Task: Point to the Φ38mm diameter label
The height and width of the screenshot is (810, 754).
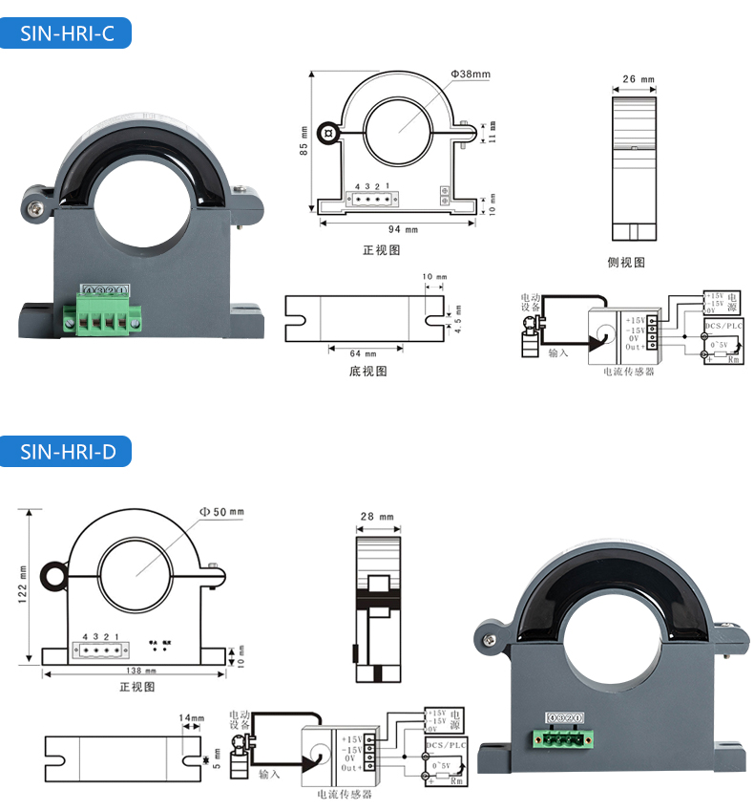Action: coord(471,75)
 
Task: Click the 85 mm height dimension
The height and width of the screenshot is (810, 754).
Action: coord(304,141)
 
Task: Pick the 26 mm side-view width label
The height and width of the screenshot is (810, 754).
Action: coord(638,79)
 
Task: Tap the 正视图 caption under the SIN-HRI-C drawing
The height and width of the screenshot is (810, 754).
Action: coord(381,250)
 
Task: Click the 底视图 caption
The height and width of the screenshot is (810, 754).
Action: coord(368,372)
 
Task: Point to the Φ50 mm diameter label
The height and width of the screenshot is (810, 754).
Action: coord(221,512)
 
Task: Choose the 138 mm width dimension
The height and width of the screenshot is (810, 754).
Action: coord(135,672)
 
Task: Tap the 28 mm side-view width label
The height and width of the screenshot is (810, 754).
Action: coord(377,517)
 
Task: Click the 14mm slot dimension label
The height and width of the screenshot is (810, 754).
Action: coord(192,717)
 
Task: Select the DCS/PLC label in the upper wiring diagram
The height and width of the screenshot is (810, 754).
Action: coord(723,326)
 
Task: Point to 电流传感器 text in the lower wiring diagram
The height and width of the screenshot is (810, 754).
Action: coord(344,794)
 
